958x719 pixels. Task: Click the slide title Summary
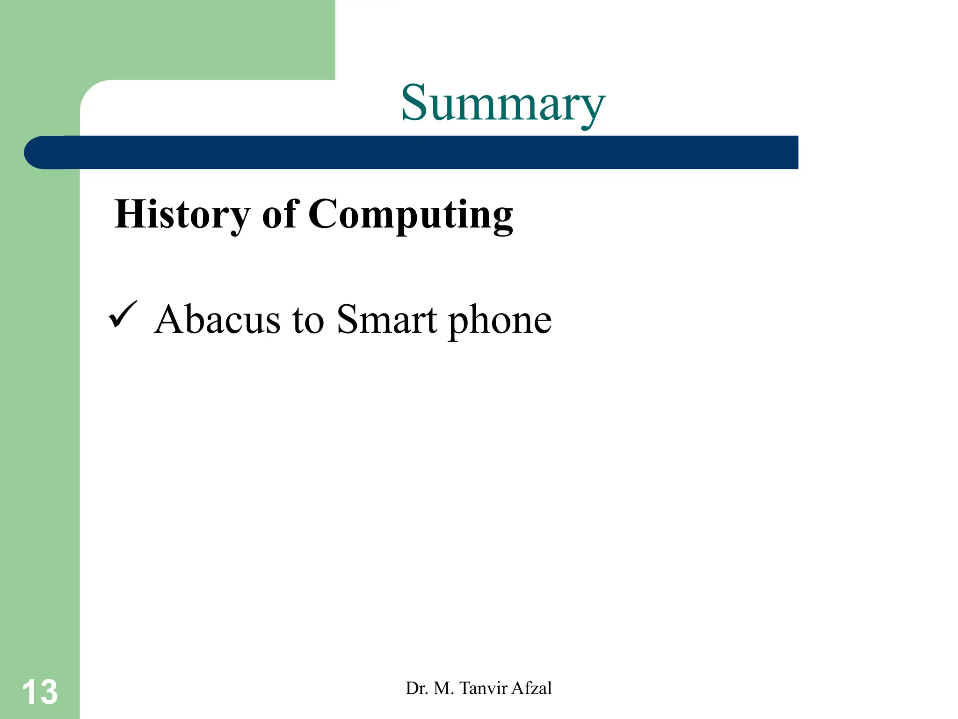[x=503, y=104]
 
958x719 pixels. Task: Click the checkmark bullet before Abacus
[x=123, y=315]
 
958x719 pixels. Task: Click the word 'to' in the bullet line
[x=308, y=321]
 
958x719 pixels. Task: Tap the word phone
[x=500, y=321]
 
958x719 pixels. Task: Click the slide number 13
[x=40, y=692]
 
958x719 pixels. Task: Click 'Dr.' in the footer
[x=416, y=688]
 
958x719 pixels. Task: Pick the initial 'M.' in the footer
[x=444, y=688]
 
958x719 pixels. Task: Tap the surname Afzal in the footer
[x=532, y=688]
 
